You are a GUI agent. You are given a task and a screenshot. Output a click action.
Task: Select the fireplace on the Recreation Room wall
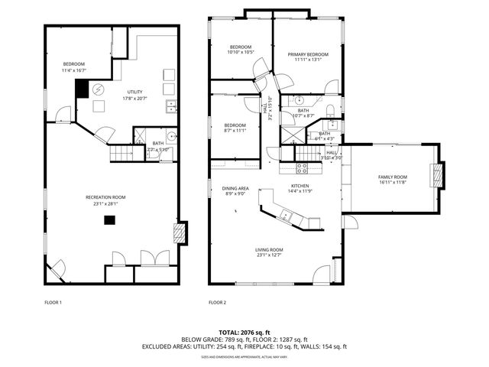[x=181, y=233]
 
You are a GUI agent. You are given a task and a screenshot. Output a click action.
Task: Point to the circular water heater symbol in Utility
[x=99, y=89]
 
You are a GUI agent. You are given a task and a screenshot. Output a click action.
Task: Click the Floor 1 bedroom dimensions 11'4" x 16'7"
[x=73, y=70]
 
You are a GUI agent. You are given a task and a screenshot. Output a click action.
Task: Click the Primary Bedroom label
[x=308, y=54]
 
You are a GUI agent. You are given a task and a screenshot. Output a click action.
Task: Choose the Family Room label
[x=393, y=177]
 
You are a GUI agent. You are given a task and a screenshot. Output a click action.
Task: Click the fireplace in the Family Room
[x=438, y=176]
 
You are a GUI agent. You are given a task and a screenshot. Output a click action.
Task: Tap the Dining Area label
[x=235, y=188]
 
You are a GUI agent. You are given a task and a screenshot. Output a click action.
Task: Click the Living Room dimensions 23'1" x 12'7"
[x=269, y=255]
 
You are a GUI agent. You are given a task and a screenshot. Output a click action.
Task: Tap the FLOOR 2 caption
[x=217, y=303]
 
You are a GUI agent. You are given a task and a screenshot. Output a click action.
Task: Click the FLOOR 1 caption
[x=53, y=303]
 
